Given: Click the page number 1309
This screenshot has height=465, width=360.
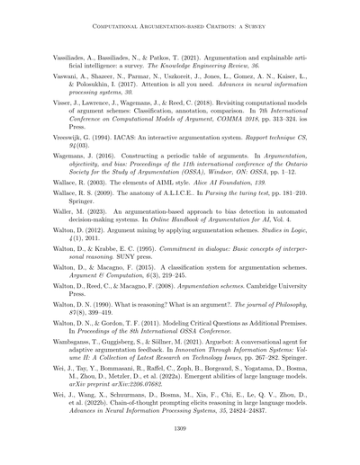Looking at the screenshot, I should click(180, 432).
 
